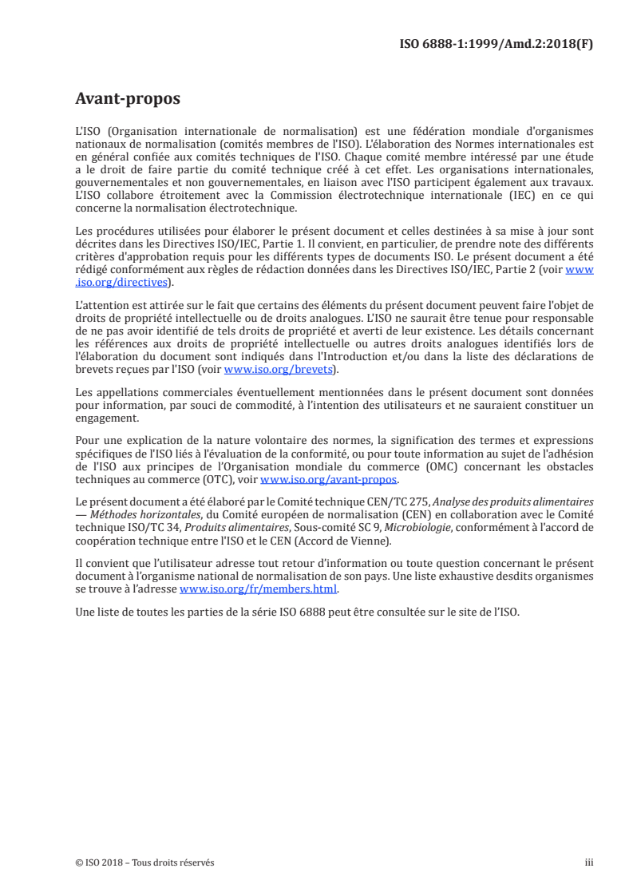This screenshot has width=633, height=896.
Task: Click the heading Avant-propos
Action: click(x=127, y=99)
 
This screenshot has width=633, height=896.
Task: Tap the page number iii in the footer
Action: click(x=589, y=862)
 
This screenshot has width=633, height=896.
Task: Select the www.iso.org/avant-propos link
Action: click(x=330, y=480)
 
